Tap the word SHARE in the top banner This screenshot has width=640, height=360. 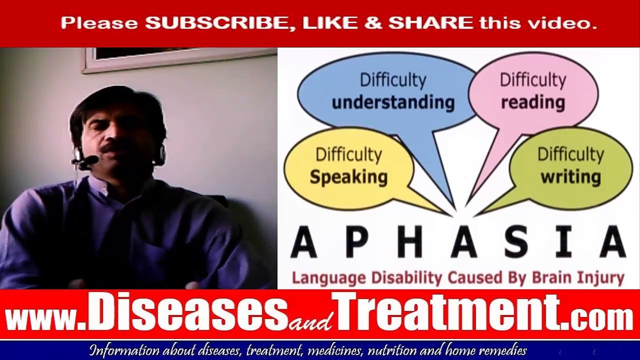click(430, 23)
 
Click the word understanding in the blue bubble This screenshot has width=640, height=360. click(393, 102)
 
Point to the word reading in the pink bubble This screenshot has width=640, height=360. click(533, 102)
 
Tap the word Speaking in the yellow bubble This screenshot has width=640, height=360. click(348, 176)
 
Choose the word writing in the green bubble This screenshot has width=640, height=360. click(570, 176)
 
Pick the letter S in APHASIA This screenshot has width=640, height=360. click(519, 241)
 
